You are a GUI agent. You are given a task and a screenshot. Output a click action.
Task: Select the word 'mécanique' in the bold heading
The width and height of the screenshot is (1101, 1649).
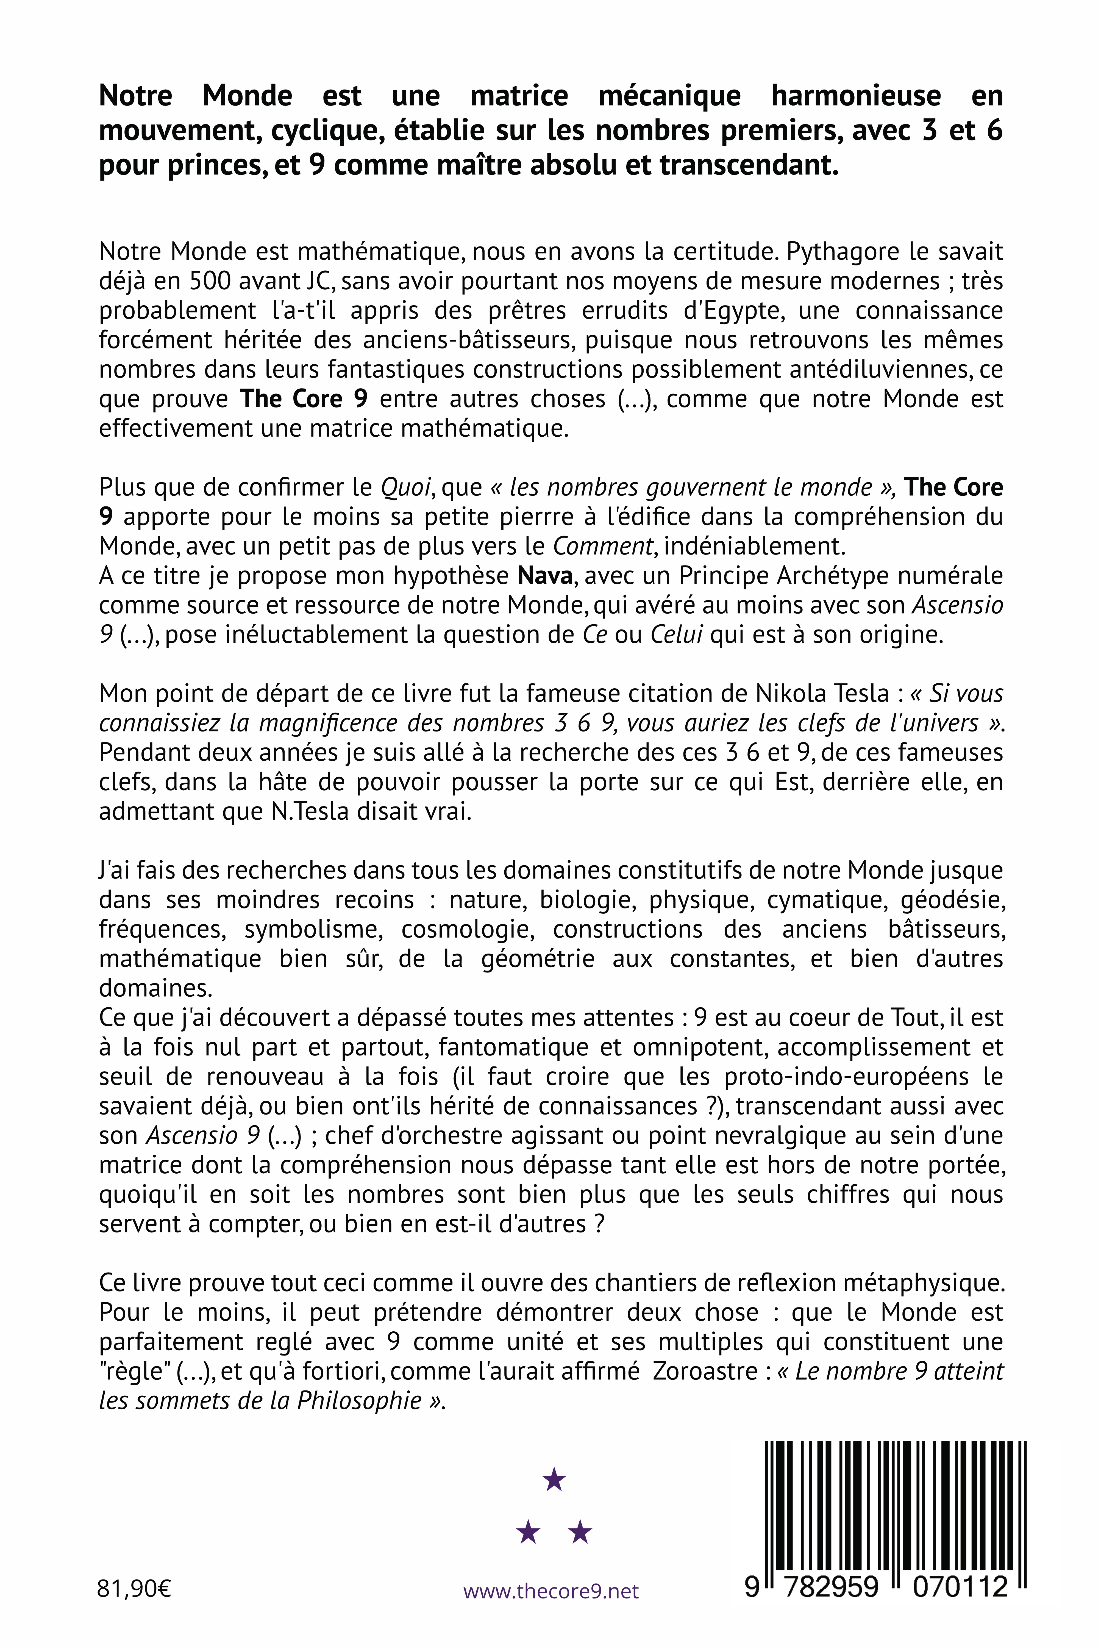tap(669, 96)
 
